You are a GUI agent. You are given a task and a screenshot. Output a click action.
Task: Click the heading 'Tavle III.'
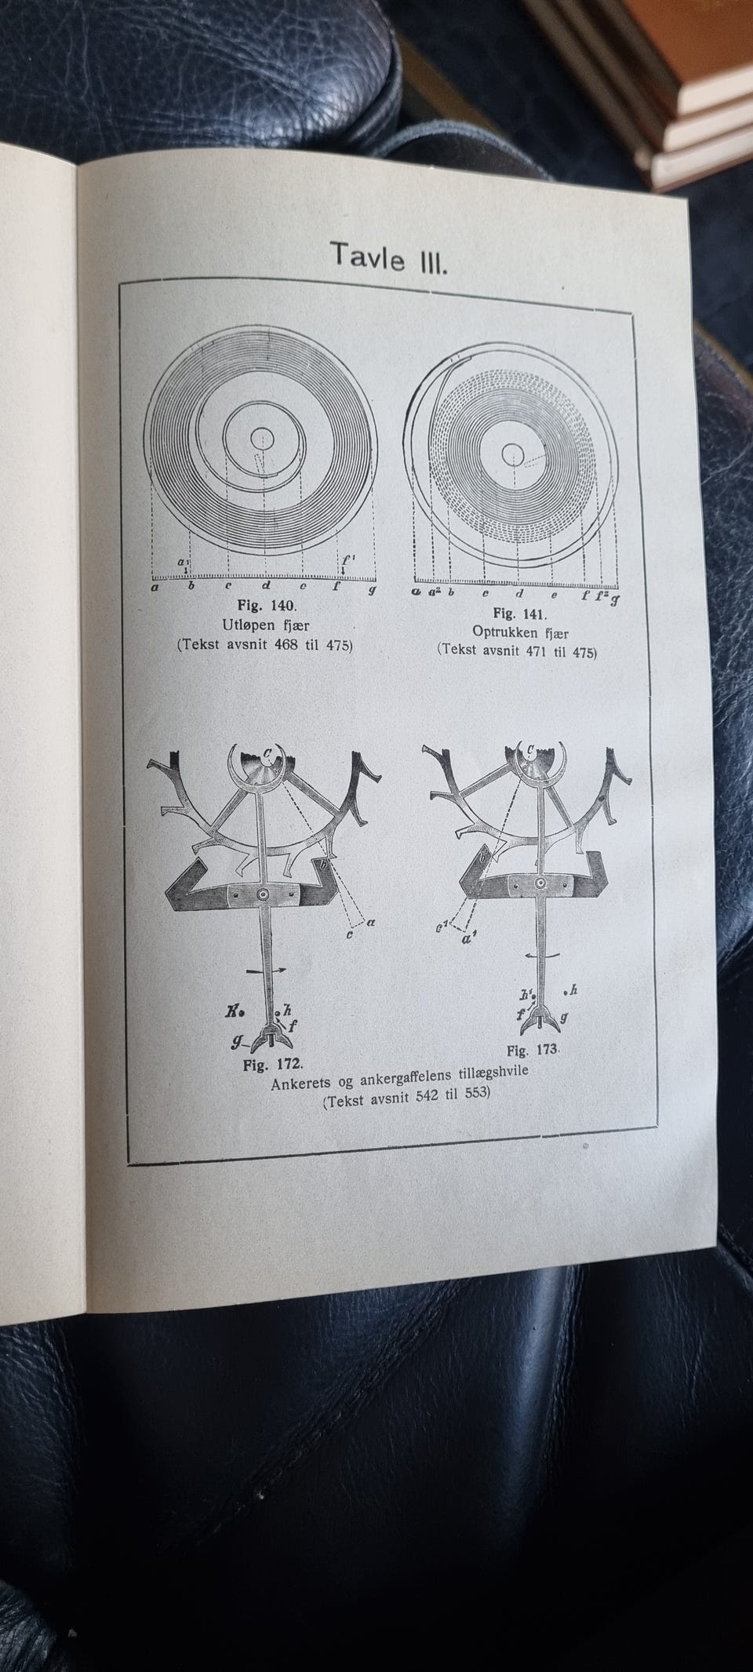pyautogui.click(x=388, y=256)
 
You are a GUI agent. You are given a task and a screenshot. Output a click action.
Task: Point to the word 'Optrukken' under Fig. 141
pyautogui.click(x=506, y=632)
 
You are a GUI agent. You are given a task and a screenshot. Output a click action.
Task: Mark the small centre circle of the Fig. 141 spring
pyautogui.click(x=514, y=454)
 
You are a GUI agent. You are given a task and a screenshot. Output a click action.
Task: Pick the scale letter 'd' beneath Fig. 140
pyautogui.click(x=266, y=585)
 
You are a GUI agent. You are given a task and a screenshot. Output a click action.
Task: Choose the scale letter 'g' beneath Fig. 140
pyautogui.click(x=372, y=588)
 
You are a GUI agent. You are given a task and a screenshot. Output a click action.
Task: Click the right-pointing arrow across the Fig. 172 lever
pyautogui.click(x=266, y=971)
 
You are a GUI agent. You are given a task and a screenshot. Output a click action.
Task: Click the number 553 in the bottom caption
pyautogui.click(x=474, y=1093)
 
